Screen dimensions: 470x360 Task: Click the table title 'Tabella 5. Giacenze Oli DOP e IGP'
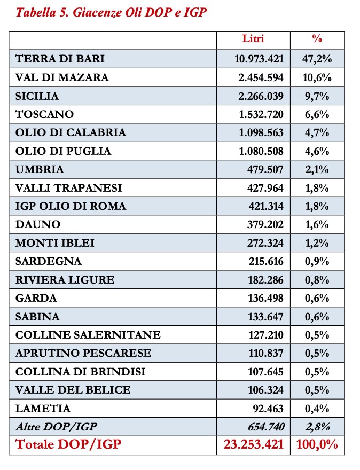(x=111, y=12)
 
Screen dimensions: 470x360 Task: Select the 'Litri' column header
(x=253, y=39)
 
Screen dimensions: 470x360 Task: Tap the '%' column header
(x=317, y=39)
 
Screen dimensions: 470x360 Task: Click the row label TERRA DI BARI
(x=60, y=59)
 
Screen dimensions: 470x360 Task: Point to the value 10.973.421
(x=259, y=59)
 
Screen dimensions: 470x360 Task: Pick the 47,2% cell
(x=317, y=59)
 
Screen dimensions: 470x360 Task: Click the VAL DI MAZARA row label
(x=62, y=77)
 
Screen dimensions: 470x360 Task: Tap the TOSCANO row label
(x=45, y=114)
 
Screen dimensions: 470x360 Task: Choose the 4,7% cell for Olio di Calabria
(x=317, y=133)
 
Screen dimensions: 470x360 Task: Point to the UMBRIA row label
(x=40, y=170)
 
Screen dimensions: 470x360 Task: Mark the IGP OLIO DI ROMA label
(x=71, y=207)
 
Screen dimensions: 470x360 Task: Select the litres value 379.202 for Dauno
(x=266, y=225)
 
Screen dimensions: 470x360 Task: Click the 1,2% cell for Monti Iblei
(x=317, y=243)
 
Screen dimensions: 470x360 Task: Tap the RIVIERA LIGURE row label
(x=65, y=280)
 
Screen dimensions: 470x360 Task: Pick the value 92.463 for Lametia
(x=268, y=409)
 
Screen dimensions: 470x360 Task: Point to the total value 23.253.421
(x=253, y=444)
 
